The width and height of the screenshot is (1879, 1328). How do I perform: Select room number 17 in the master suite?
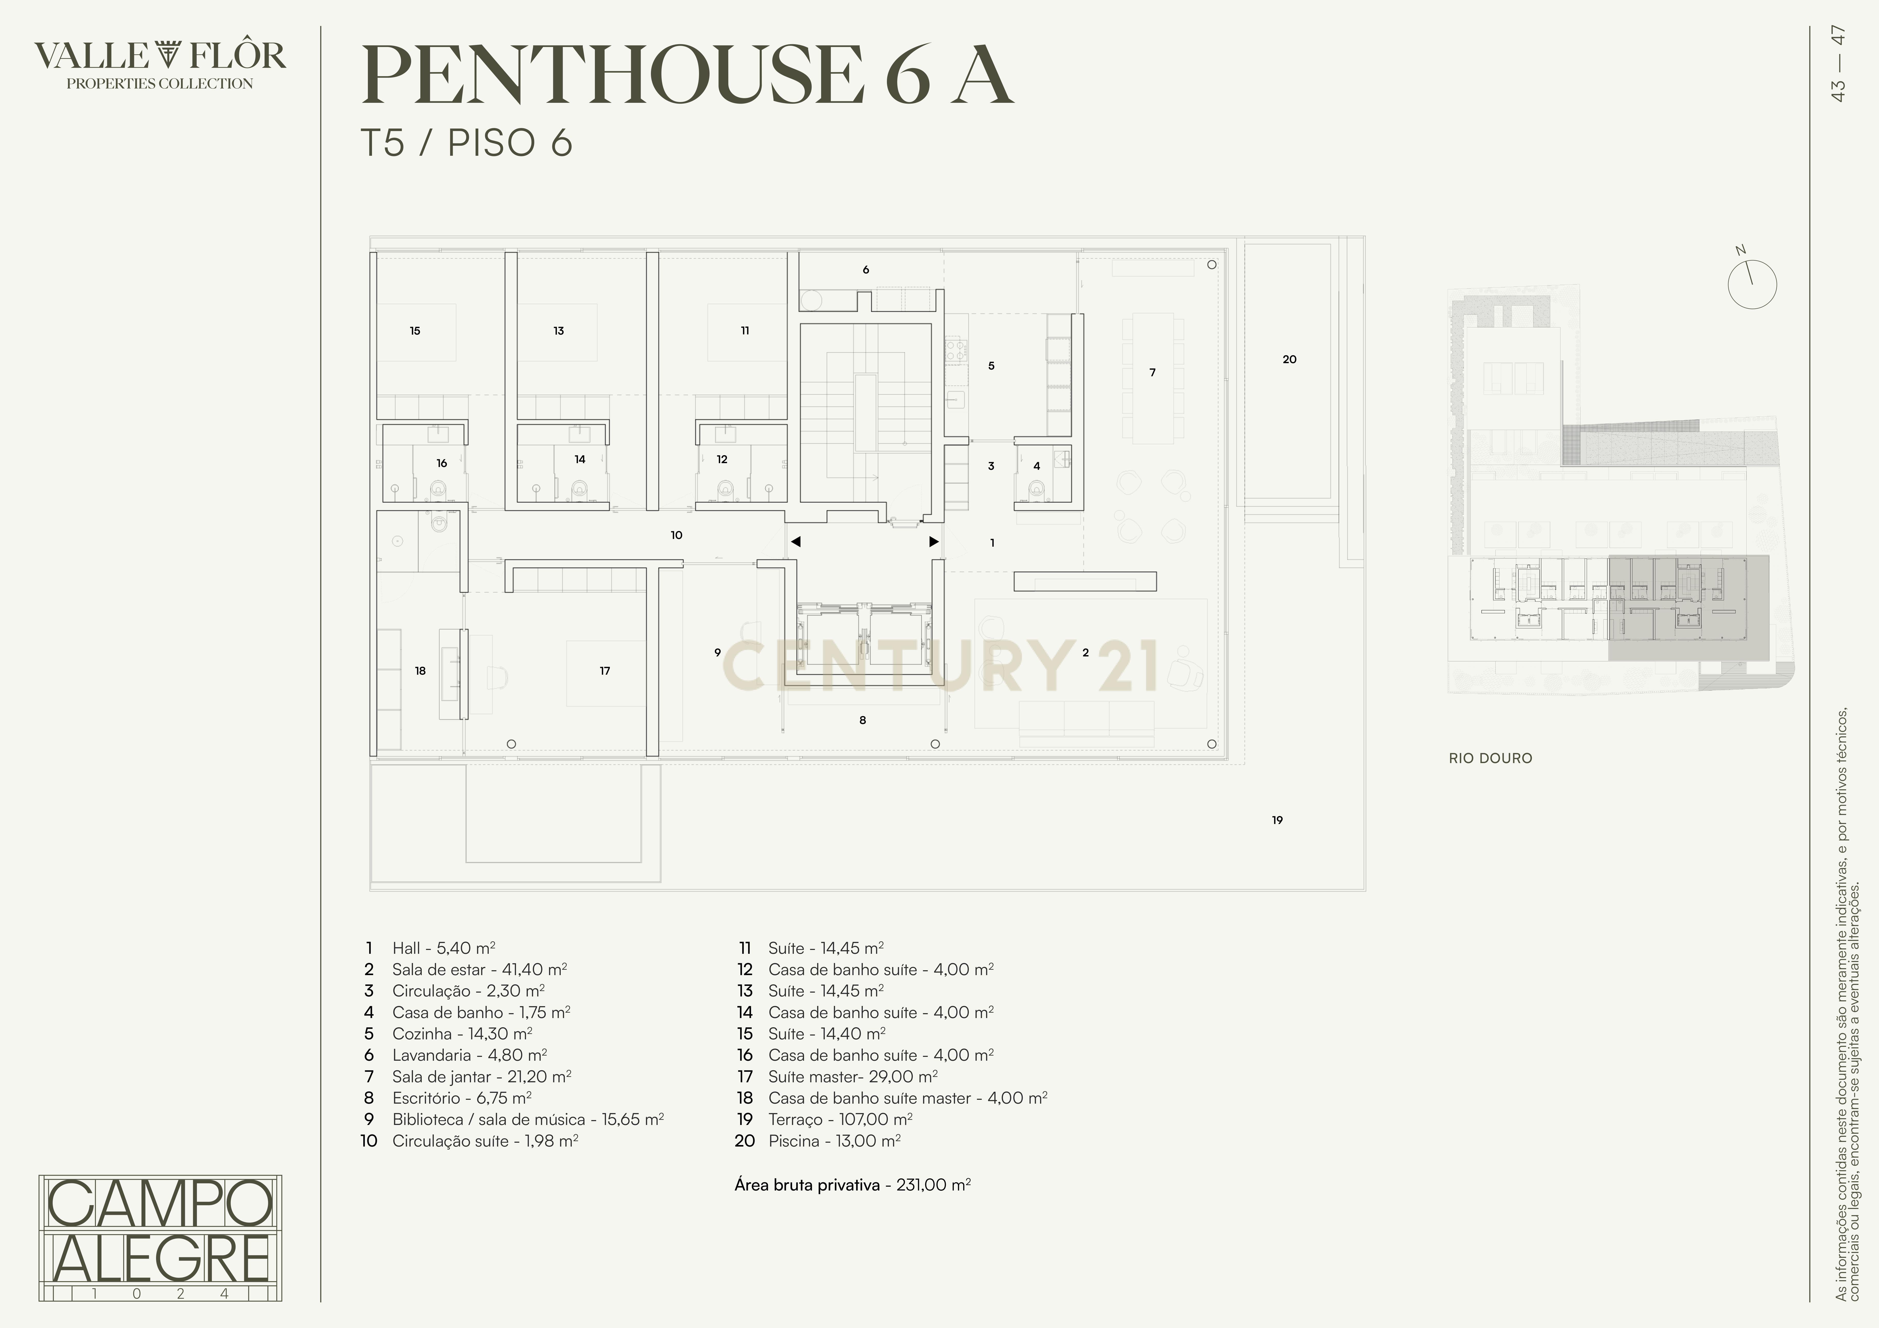click(x=605, y=671)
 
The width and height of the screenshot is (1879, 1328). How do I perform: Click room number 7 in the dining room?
click(x=1152, y=372)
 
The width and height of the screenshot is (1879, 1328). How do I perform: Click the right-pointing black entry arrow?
click(x=934, y=542)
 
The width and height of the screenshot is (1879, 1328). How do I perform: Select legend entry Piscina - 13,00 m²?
click(x=834, y=1141)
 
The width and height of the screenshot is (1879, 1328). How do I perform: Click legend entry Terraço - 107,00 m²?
click(x=840, y=1119)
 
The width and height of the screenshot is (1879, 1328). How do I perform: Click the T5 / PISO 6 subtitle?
click(x=467, y=143)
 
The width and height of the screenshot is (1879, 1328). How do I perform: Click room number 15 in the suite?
click(x=415, y=331)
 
